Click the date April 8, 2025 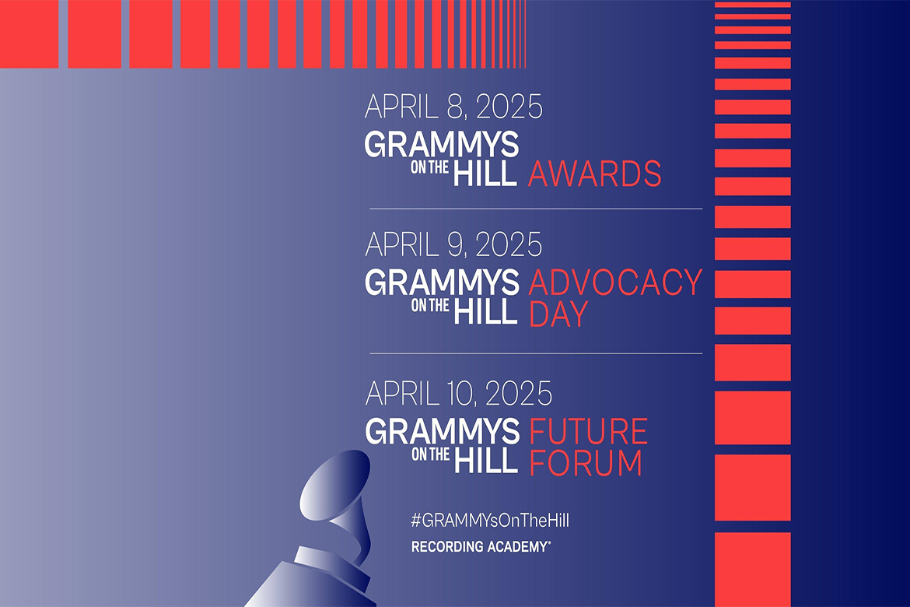click(453, 107)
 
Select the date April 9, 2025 click(453, 244)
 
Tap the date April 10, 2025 click(459, 394)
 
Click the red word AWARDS click(595, 174)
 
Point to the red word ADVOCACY click(615, 282)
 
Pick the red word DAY click(558, 314)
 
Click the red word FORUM click(586, 463)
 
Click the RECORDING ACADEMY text click(481, 548)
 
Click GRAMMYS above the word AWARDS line click(442, 145)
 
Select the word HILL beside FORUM click(486, 460)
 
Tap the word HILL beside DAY click(486, 311)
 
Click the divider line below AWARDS click(535, 209)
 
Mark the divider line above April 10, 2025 click(535, 353)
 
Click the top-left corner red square click(29, 34)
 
